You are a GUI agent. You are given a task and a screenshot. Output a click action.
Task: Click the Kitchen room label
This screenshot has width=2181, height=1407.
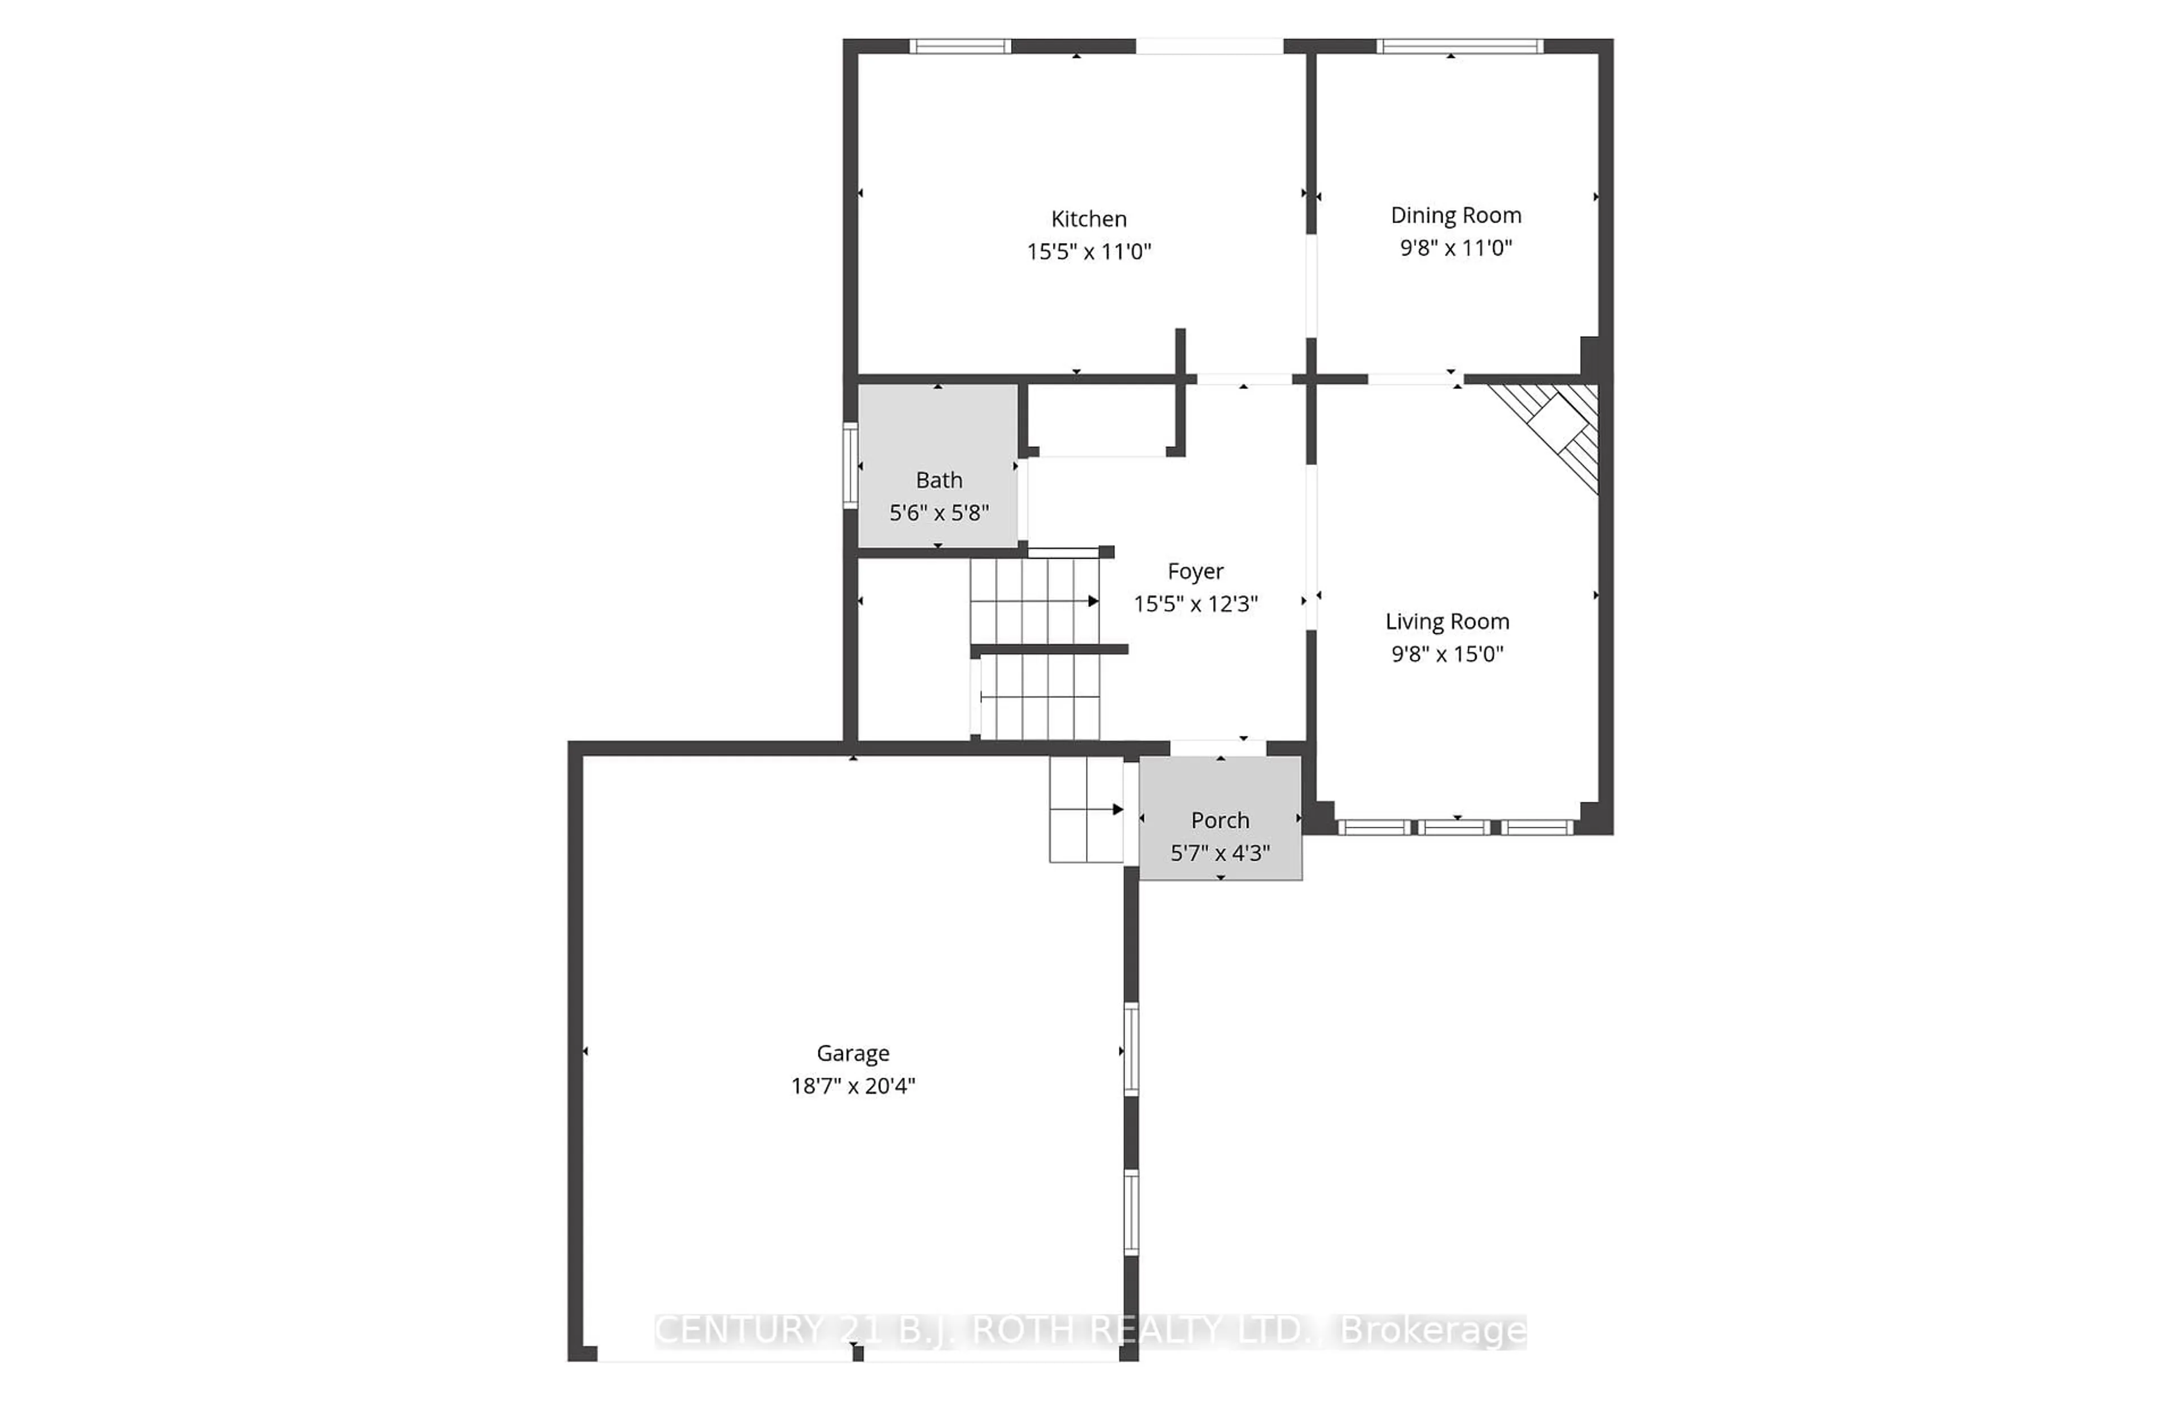[x=1088, y=219]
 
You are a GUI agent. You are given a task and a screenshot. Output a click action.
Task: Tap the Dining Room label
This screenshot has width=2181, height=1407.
[x=1456, y=216]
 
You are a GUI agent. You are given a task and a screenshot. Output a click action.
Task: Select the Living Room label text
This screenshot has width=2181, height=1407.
[x=1447, y=622]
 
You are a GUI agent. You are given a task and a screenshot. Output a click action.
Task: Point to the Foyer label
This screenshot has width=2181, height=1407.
[x=1195, y=572]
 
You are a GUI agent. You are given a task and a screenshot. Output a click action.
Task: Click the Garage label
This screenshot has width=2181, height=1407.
[x=853, y=1053]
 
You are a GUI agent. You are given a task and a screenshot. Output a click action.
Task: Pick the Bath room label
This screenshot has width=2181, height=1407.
[x=938, y=480]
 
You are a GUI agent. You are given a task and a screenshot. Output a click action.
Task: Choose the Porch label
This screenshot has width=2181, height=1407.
[x=1220, y=820]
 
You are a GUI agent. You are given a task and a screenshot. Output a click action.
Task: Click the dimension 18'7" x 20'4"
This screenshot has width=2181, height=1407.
[x=853, y=1086]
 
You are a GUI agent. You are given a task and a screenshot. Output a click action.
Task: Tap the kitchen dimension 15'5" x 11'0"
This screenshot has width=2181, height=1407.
[x=1088, y=251]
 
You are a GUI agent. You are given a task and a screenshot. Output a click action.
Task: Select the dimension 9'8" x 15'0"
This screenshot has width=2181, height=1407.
[x=1447, y=654]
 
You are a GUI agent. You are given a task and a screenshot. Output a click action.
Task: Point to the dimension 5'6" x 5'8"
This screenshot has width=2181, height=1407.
[x=938, y=513]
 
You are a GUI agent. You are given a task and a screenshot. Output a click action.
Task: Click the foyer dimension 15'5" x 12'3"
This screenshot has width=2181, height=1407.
[x=1195, y=604]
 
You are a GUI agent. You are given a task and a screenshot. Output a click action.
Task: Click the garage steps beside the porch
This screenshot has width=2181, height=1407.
[x=1085, y=810]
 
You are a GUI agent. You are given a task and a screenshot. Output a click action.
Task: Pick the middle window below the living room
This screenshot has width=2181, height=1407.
[x=1456, y=828]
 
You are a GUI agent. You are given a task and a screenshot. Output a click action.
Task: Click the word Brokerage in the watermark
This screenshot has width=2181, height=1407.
[x=1432, y=1331]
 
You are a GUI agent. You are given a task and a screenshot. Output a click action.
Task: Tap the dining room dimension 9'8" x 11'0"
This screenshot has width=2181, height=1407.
[x=1456, y=248]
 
